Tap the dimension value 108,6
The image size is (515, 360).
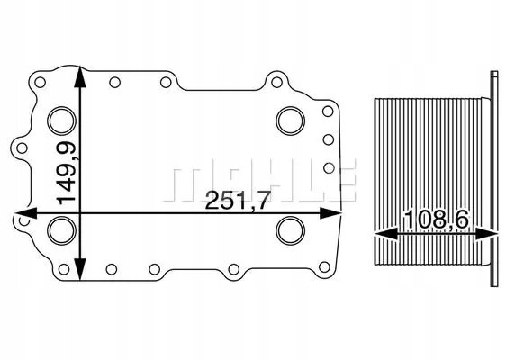pyautogui.click(x=436, y=218)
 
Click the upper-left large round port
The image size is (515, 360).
pyautogui.click(x=62, y=120)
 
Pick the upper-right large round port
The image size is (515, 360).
pyautogui.click(x=290, y=120)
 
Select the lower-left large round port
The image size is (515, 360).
pyautogui.click(x=62, y=229)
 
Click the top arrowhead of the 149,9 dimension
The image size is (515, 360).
pyautogui.click(x=82, y=76)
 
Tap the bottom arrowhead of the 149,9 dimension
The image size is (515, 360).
pyautogui.click(x=82, y=275)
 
